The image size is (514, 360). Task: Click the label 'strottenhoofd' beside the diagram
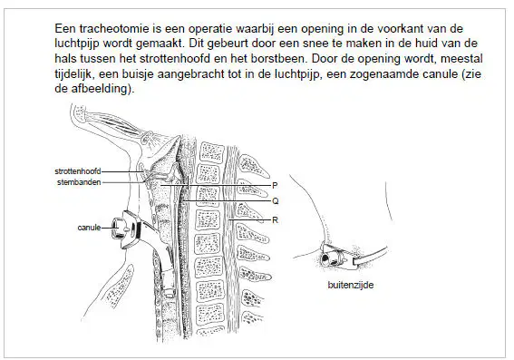[x=78, y=171]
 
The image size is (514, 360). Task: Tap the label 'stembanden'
[x=79, y=182]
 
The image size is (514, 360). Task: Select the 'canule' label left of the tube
[x=89, y=228]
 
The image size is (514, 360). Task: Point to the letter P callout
[x=275, y=186]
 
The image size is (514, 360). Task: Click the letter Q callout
[x=275, y=201]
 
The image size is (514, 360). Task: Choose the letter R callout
[x=275, y=220]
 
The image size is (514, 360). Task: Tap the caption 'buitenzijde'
[x=351, y=285]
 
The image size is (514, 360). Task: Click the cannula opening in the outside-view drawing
[x=325, y=258]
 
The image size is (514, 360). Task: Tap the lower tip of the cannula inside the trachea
[x=170, y=293]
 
